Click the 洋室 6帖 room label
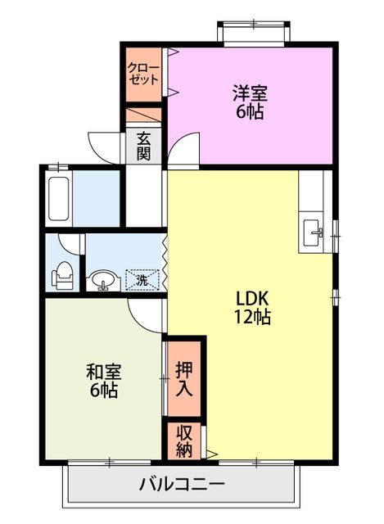251,102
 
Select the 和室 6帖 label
102,381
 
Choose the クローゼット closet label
143,75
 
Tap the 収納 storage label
184,440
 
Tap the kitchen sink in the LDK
314,233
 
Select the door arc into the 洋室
183,149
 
